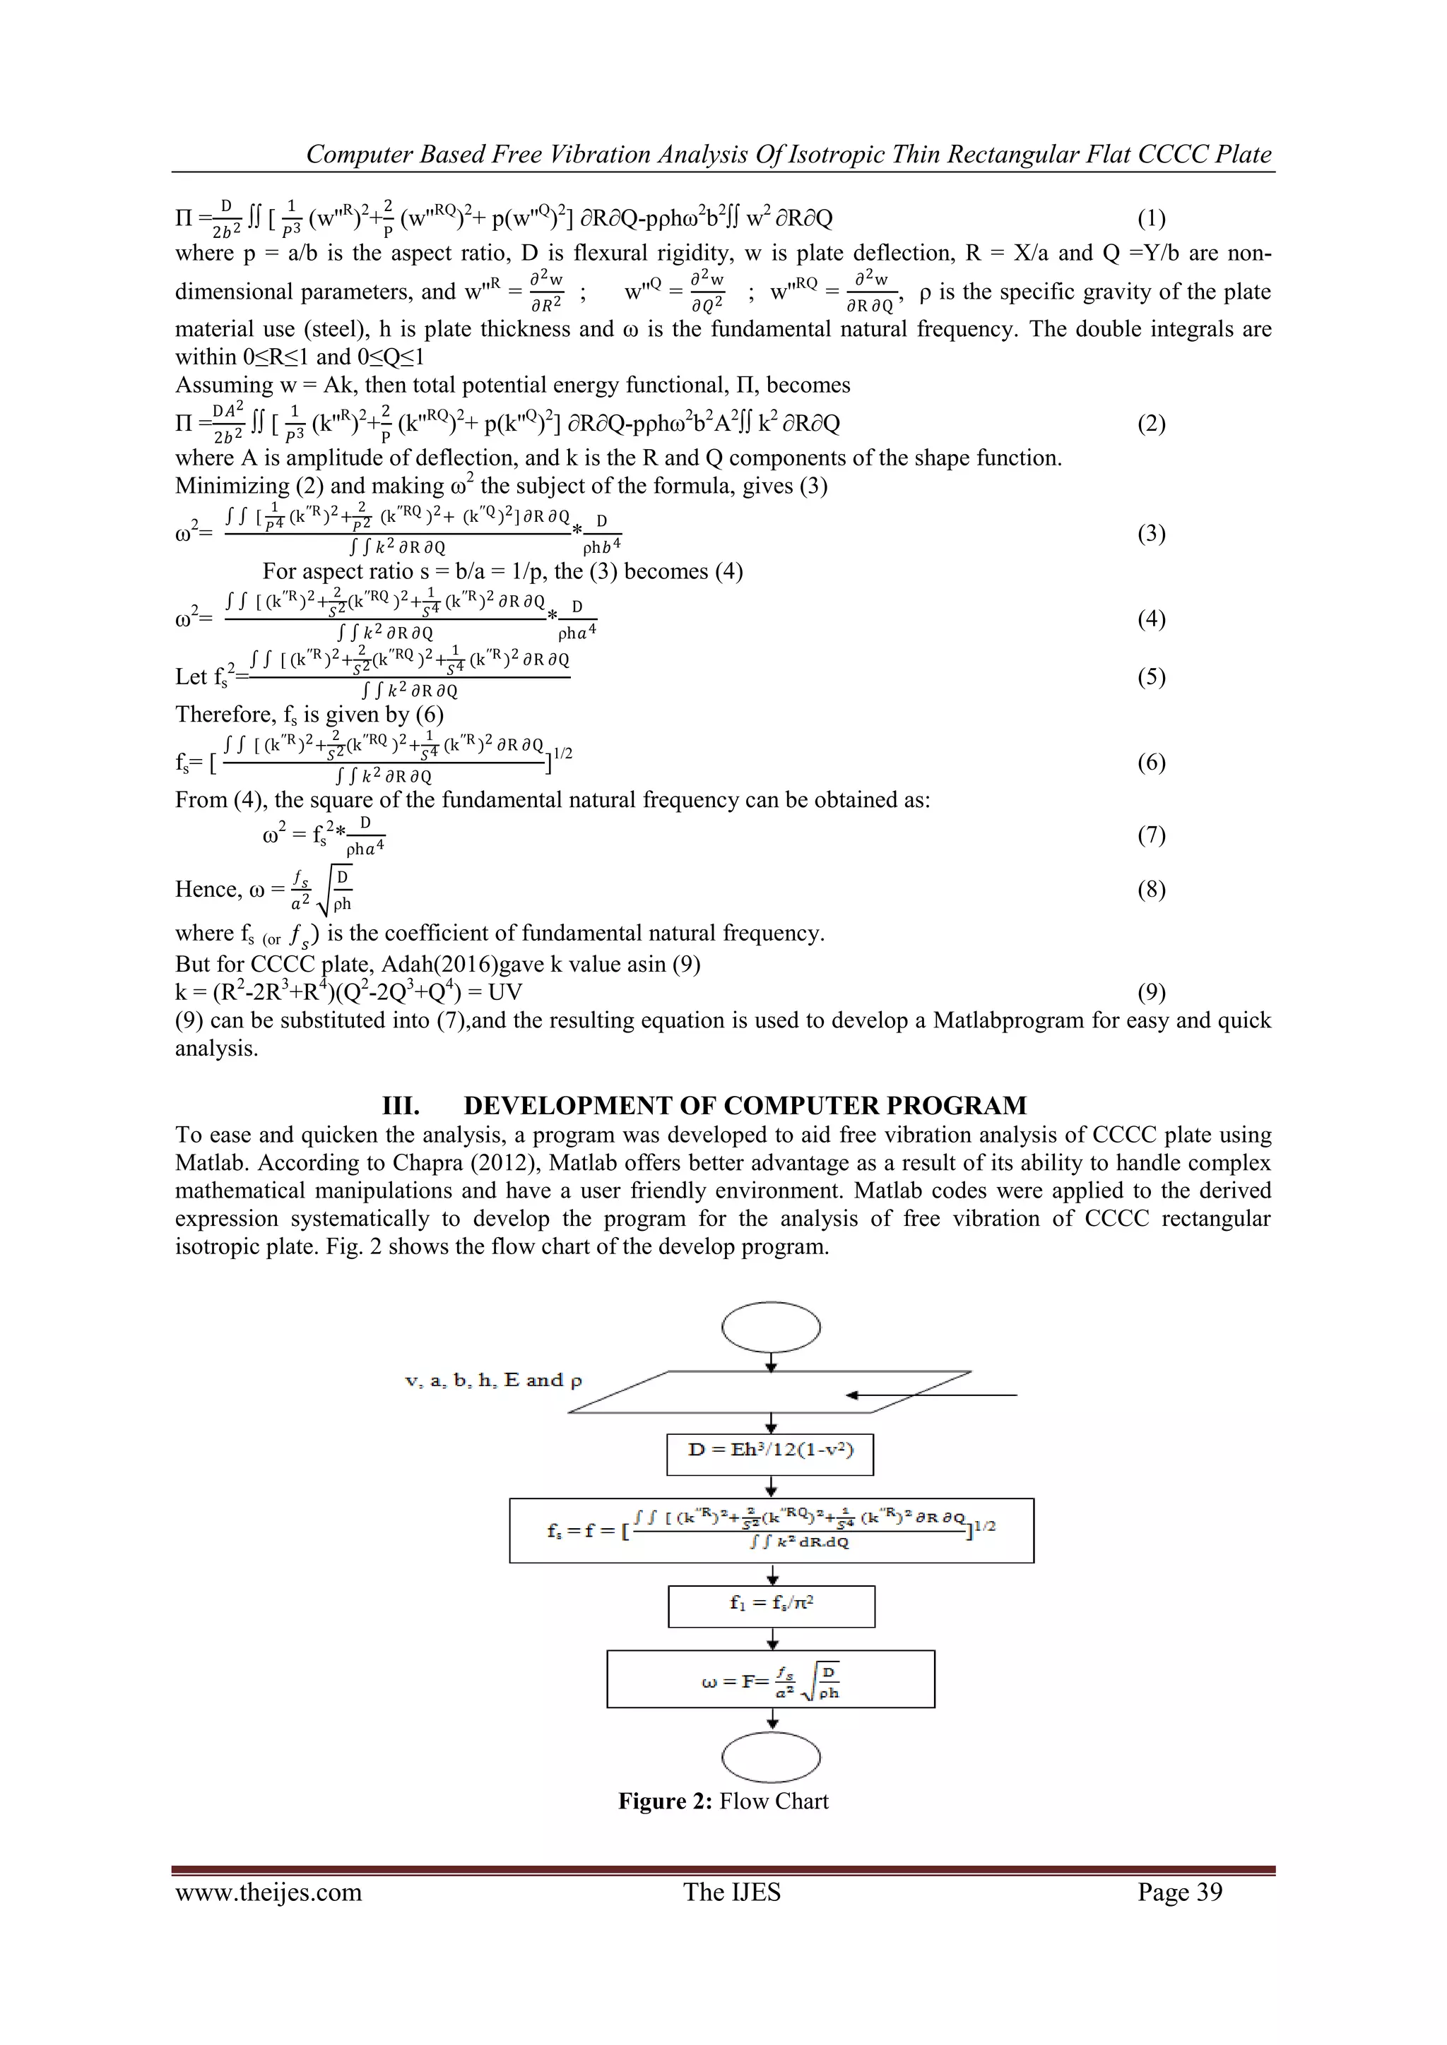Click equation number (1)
point(1151,218)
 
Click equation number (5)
point(1151,677)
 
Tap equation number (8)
point(1151,890)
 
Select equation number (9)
point(1151,992)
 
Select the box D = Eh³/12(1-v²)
point(770,1453)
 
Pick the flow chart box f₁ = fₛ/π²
point(772,1606)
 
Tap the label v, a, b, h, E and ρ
point(492,1381)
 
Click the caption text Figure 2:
point(666,1801)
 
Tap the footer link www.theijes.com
point(268,1892)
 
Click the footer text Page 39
point(1180,1892)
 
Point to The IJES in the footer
point(731,1892)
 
